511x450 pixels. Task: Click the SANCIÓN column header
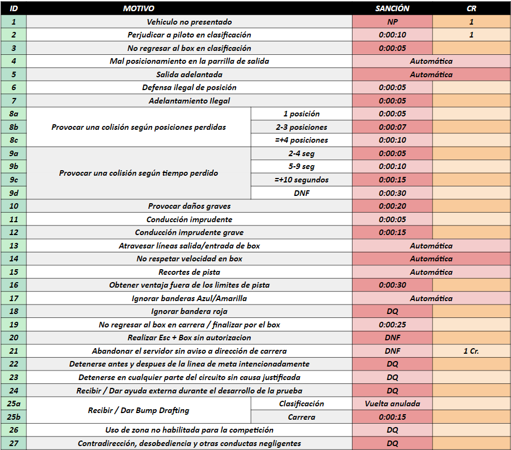coord(392,8)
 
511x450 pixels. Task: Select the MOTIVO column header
coord(138,8)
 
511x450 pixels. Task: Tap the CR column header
coord(471,8)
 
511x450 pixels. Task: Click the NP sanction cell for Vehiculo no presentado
coord(392,22)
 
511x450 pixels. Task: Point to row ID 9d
coord(13,193)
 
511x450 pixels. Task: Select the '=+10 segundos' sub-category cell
coord(301,180)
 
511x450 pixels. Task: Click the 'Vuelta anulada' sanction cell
coord(392,404)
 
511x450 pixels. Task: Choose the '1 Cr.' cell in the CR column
coord(471,351)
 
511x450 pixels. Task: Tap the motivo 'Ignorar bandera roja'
coord(189,311)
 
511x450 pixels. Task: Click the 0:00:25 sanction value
coord(392,325)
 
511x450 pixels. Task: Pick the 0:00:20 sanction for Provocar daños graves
coord(392,206)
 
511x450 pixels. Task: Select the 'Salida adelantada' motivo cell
coord(189,74)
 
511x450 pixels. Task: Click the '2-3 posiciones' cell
coord(301,127)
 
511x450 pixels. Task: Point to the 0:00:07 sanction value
coord(392,127)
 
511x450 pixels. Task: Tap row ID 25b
coord(13,417)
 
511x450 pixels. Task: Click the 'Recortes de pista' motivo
coord(189,272)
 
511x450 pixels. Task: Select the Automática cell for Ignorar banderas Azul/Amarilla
coord(431,298)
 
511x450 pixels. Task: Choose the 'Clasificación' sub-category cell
coord(301,404)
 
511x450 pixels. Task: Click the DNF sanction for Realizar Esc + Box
coord(392,337)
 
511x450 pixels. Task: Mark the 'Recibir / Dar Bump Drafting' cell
coord(138,410)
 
